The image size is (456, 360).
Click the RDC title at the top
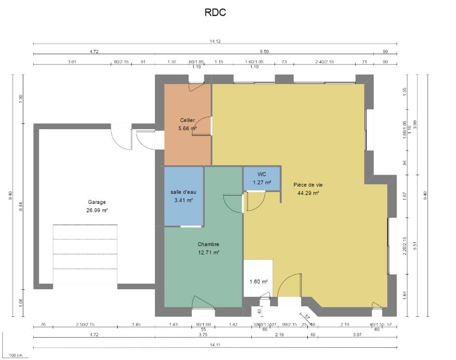215,13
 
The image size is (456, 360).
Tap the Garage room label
97,202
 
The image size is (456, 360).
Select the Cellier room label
188,120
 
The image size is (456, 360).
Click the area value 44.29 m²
308,193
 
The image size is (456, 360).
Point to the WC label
262,174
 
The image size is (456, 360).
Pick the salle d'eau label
183,192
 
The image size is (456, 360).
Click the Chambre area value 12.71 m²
209,253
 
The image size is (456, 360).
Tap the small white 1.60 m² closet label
258,282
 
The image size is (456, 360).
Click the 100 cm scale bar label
16,355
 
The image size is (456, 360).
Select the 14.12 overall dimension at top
215,41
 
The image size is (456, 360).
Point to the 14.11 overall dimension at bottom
215,345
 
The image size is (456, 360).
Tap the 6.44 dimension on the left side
21,207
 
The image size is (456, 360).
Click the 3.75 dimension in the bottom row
203,335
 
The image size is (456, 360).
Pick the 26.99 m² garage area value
97,210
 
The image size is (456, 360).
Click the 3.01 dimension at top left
72,62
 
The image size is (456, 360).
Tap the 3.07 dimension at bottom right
357,335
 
